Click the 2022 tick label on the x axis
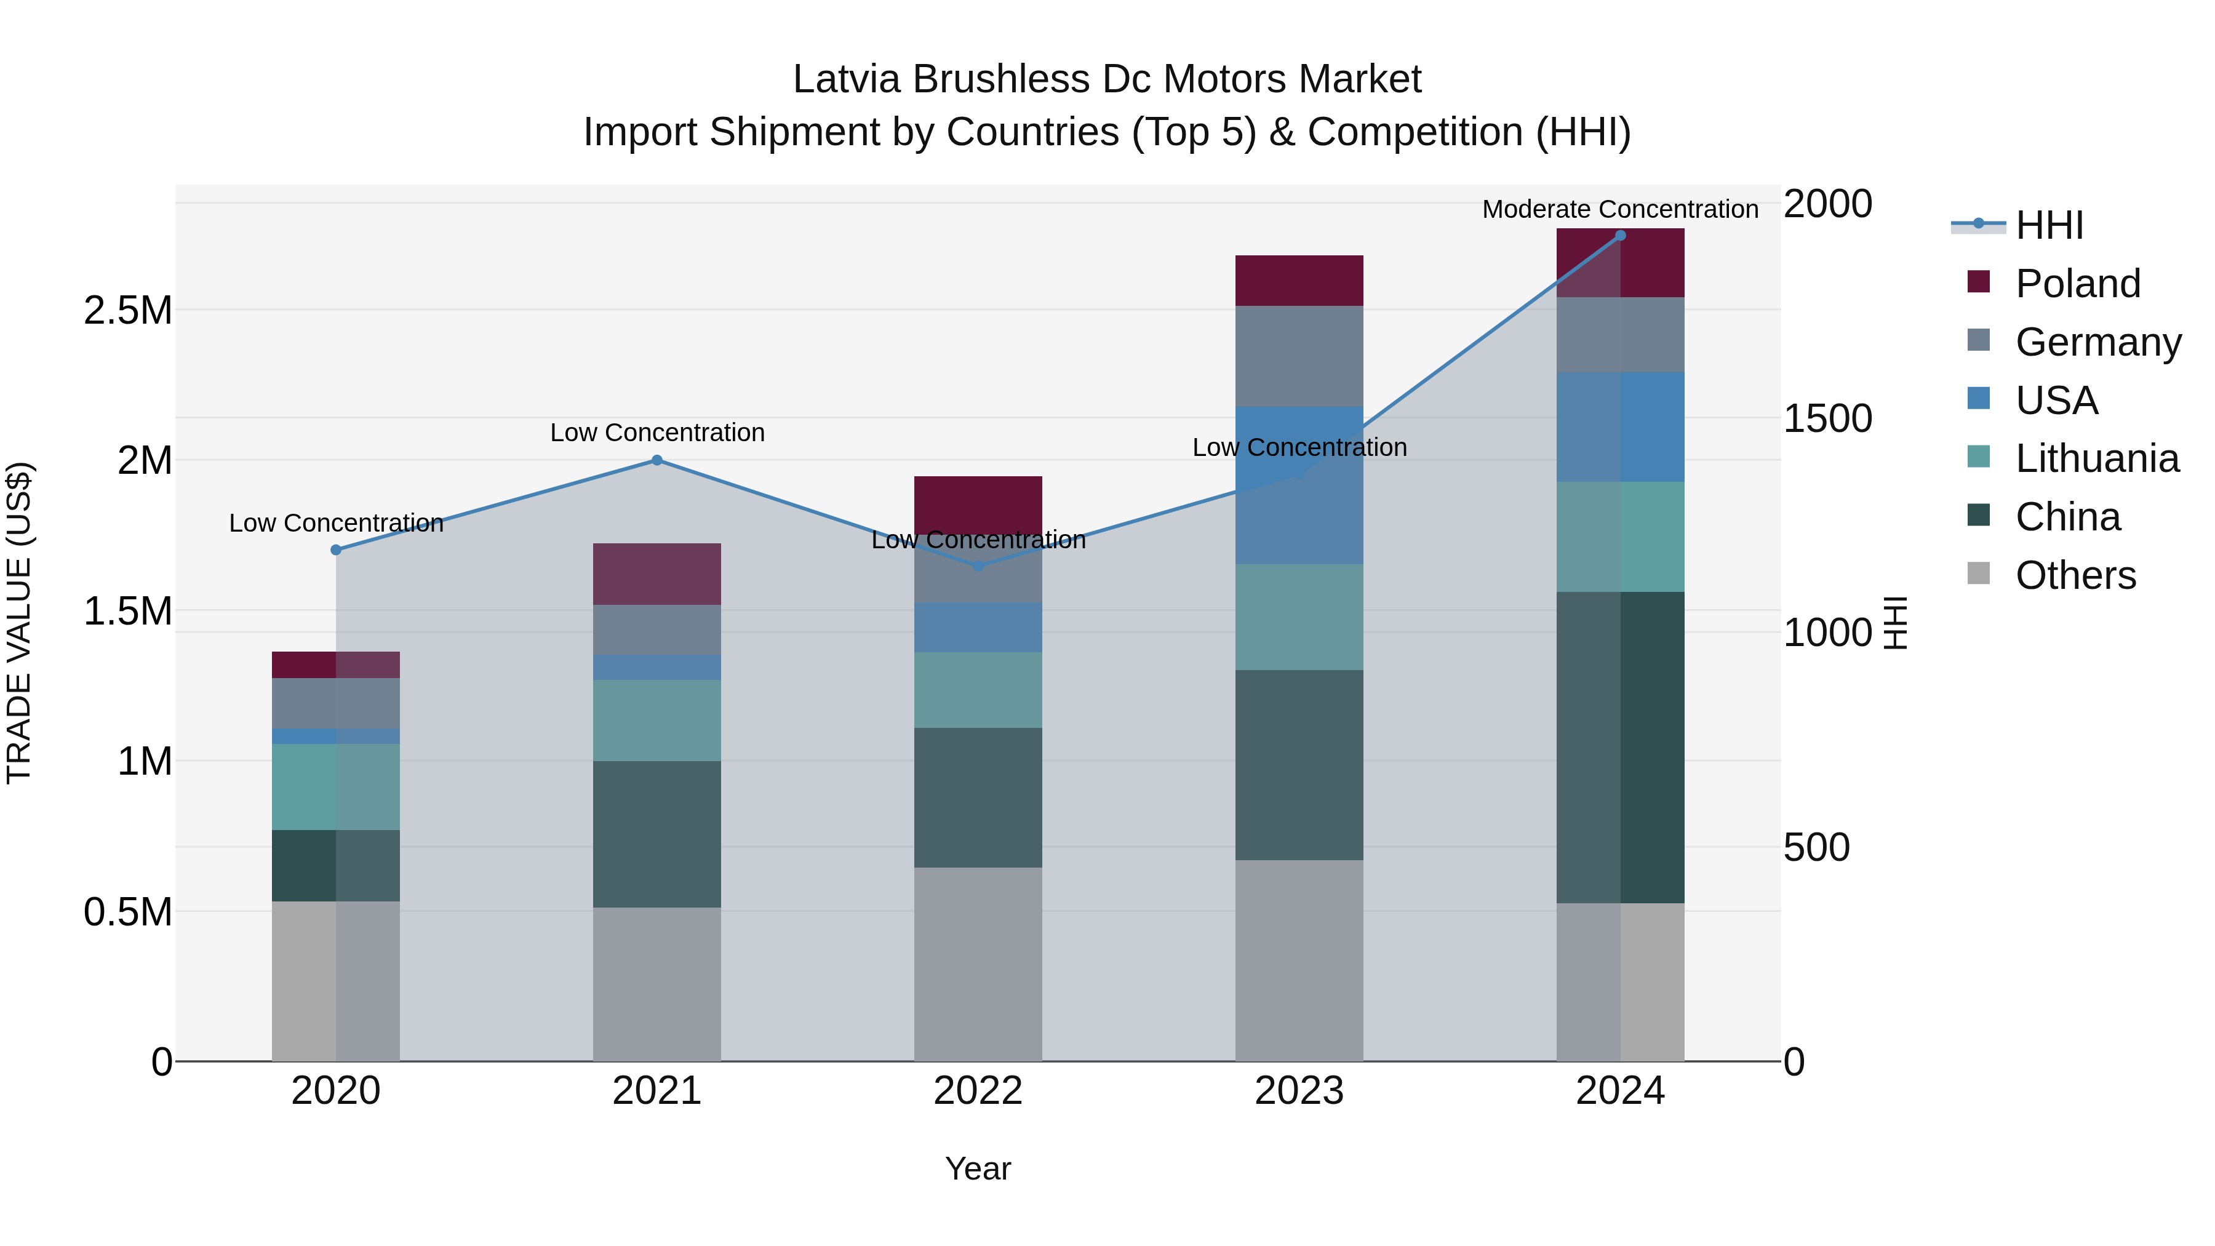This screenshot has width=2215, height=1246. pos(978,1091)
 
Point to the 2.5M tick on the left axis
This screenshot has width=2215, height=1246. pos(128,311)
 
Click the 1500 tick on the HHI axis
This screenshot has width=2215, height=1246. pos(1827,419)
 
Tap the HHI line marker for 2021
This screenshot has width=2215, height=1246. pos(657,460)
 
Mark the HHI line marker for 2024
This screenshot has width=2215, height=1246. pos(1620,236)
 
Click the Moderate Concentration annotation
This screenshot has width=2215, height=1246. pos(1620,210)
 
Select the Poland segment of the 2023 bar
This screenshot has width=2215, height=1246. pos(1299,281)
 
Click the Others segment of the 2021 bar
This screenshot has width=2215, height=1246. pos(657,984)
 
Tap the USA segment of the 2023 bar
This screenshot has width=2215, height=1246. pos(1299,486)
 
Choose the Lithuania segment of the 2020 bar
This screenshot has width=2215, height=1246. pos(335,787)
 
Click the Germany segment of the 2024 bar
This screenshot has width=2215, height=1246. pos(1620,335)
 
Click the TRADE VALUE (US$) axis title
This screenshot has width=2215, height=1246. pos(19,623)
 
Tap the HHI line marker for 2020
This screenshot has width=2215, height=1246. pos(336,550)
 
